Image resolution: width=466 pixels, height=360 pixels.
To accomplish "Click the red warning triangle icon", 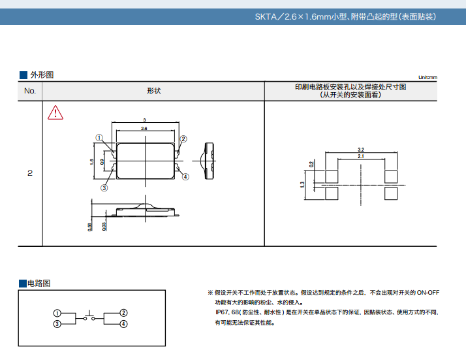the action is [55, 113].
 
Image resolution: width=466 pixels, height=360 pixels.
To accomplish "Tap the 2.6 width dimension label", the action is [144, 129].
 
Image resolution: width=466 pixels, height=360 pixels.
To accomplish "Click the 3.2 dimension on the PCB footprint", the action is [361, 150].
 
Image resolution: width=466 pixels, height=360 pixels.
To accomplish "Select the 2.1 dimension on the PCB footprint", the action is [361, 156].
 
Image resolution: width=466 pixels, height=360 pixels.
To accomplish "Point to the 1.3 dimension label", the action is [302, 185].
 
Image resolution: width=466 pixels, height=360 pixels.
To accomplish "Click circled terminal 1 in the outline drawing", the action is [99, 138].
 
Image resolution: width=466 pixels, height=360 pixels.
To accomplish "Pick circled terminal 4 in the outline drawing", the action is [185, 176].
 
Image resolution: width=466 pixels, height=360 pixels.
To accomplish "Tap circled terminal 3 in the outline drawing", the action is [104, 188].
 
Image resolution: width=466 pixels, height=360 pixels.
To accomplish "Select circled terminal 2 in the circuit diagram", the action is [123, 313].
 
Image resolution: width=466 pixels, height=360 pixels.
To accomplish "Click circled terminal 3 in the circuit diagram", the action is [57, 324].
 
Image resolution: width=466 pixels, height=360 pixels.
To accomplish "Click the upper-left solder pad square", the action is [332, 176].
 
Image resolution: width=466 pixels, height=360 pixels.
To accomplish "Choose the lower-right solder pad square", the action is [391, 193].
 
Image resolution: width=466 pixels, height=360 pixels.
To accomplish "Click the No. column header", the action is [30, 91].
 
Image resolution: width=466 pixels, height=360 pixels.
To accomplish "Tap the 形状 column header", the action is [153, 91].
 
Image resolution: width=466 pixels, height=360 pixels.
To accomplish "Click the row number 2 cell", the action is [30, 173].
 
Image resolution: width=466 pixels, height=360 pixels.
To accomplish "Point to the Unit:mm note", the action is [427, 77].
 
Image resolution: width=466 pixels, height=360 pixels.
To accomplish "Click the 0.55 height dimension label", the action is [90, 227].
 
